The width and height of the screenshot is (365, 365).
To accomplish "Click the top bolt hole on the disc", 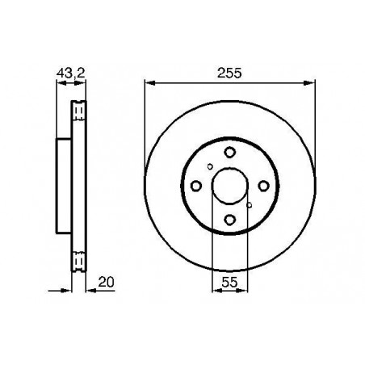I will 229,154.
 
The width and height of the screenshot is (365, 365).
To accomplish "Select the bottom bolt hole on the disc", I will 229,221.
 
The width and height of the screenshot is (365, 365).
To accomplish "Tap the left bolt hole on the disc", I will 196,187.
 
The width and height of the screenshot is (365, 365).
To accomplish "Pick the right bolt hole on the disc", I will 262,187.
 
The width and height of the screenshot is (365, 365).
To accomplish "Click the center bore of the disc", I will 229,187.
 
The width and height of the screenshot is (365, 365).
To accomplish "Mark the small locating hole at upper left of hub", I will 210,168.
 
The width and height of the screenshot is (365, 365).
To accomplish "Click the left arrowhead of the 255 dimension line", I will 149,82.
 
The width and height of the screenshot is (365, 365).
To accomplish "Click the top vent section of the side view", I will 78,109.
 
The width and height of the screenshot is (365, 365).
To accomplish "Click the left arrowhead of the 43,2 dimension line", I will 58,82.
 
